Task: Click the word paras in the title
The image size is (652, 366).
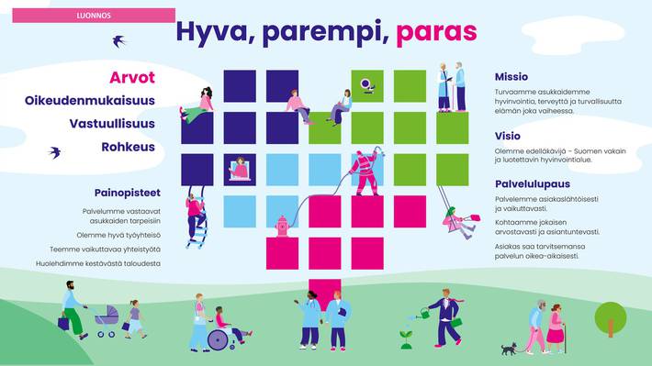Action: tap(436, 32)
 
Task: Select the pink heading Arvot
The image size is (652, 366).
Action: tap(132, 77)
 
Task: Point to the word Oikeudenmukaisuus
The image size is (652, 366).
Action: tap(90, 100)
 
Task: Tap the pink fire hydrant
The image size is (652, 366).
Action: tap(283, 225)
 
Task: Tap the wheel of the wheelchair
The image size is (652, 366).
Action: tap(218, 339)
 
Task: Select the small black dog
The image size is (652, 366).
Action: tap(509, 349)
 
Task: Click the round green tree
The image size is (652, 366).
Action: tap(610, 317)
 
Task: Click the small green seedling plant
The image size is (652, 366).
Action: tap(406, 340)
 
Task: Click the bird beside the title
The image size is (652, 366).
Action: tap(118, 40)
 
